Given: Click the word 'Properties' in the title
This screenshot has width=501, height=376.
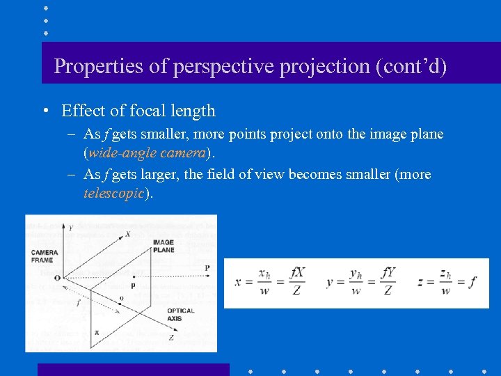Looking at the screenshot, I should [91, 67].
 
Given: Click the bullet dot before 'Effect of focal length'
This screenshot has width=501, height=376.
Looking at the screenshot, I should [45, 111].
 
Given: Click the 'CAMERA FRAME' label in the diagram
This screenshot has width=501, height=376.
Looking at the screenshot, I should [43, 256].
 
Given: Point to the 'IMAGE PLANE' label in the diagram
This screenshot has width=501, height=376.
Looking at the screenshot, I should [164, 246].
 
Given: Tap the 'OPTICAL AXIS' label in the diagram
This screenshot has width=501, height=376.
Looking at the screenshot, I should [180, 315].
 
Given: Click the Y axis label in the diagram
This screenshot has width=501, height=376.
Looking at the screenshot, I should [70, 227].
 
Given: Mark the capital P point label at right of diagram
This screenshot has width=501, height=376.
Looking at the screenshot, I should [207, 268].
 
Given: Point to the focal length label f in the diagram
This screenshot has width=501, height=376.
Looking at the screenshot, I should [79, 303].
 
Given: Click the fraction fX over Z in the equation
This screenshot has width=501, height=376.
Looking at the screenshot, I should [297, 282].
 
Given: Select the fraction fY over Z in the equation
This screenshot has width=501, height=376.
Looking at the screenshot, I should [388, 282].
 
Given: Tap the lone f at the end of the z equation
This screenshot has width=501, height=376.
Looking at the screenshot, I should [473, 282].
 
